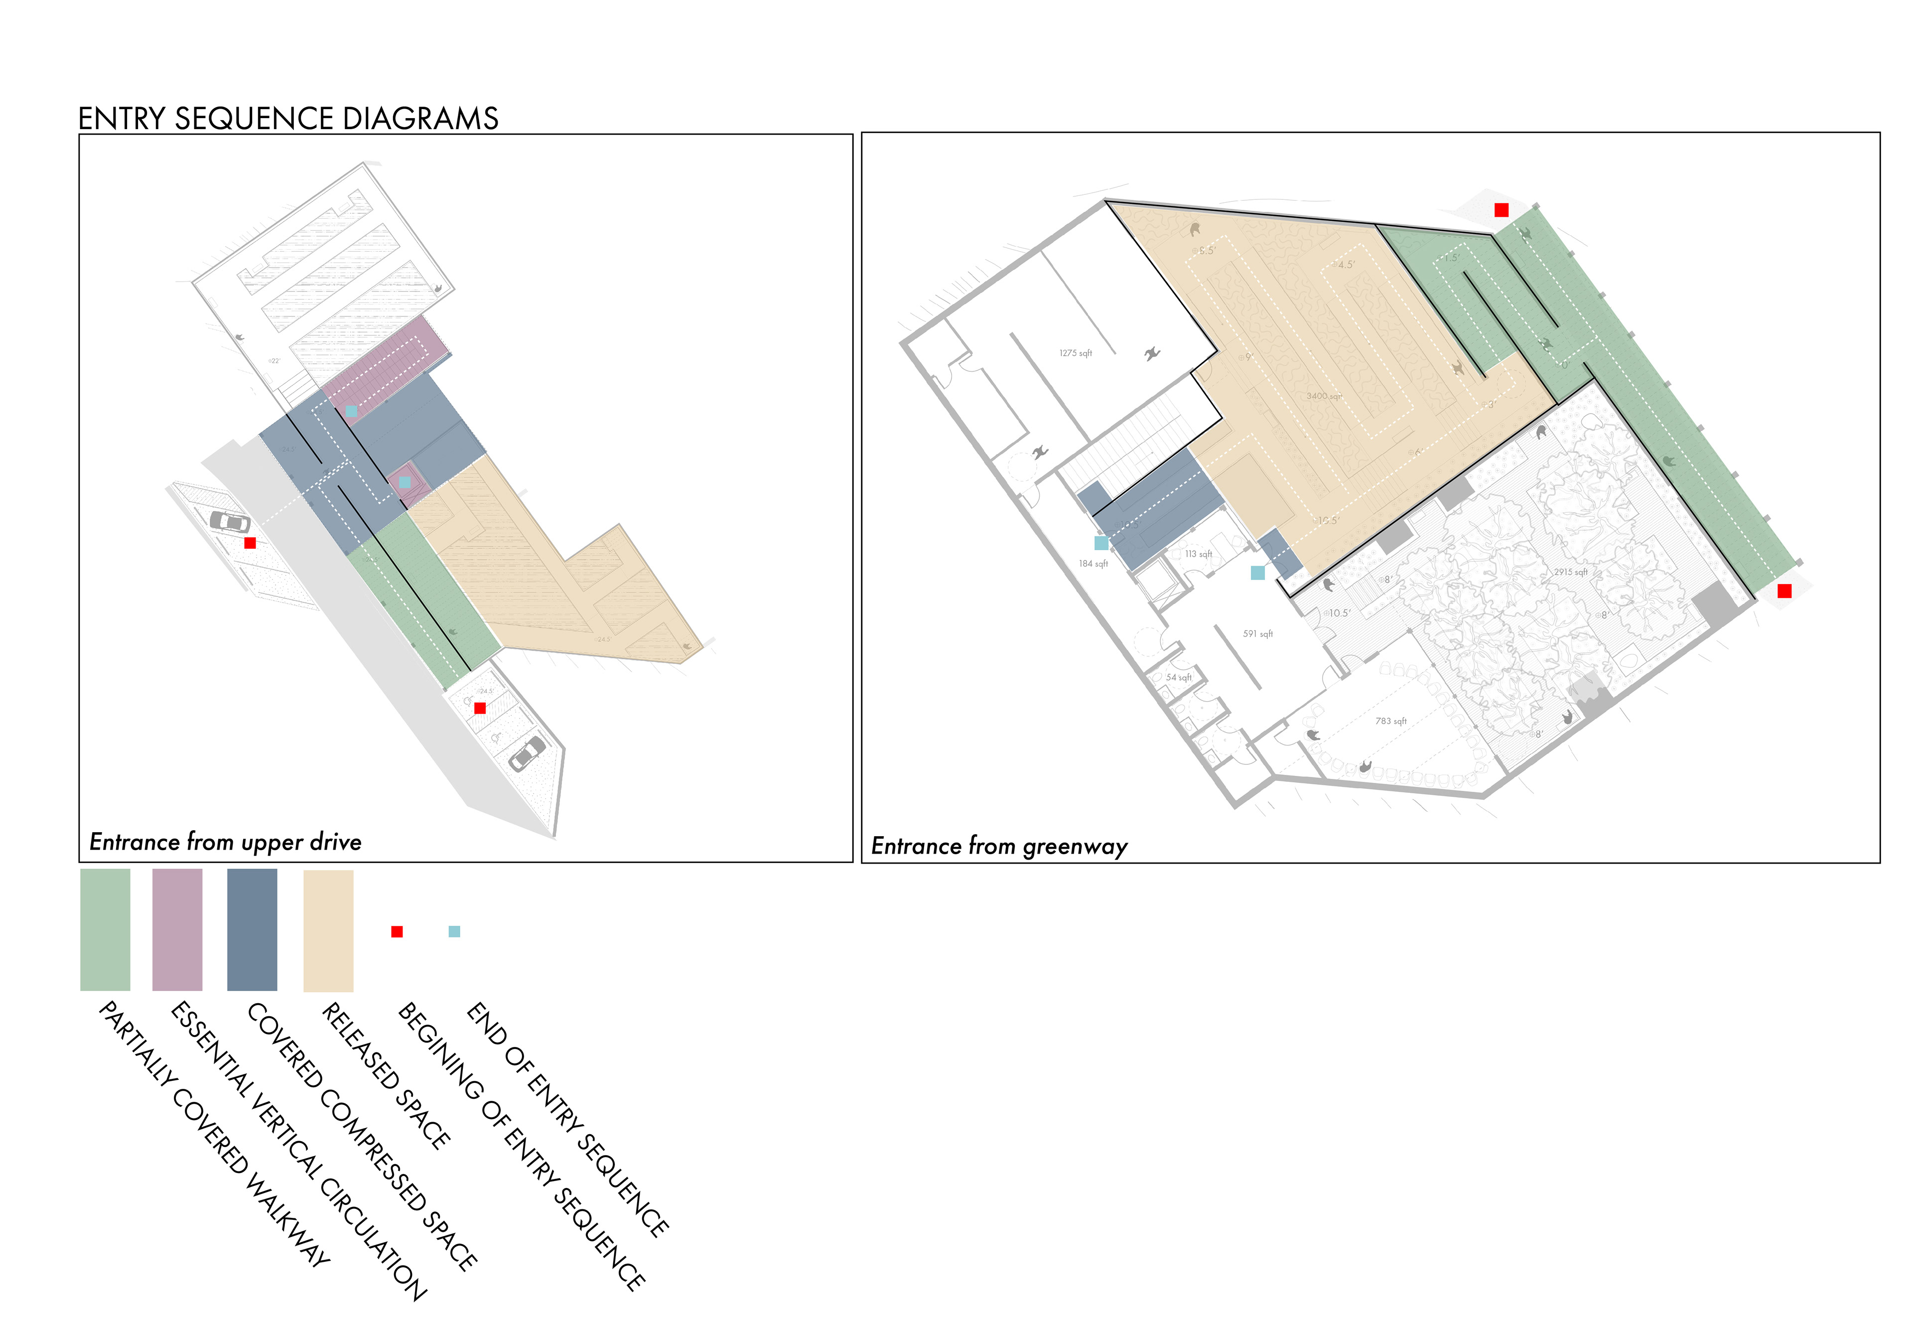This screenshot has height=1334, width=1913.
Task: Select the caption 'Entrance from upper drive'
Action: point(225,842)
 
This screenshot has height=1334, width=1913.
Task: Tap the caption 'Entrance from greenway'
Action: point(999,847)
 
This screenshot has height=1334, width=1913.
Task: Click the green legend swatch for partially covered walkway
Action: point(105,930)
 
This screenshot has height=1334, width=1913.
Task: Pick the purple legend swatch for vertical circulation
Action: point(177,930)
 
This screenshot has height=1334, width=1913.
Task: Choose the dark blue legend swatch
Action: point(252,930)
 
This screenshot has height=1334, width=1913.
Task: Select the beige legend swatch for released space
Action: point(328,931)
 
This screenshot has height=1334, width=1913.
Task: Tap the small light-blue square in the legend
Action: point(454,931)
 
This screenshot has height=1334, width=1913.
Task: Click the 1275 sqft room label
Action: point(1075,353)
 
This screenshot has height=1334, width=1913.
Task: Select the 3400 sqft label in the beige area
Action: point(1323,396)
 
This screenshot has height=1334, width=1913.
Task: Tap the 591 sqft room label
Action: point(1257,634)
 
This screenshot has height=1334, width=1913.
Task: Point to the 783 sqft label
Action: point(1390,721)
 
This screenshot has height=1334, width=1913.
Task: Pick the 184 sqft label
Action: point(1093,564)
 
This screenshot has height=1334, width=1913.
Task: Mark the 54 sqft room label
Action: point(1178,677)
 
